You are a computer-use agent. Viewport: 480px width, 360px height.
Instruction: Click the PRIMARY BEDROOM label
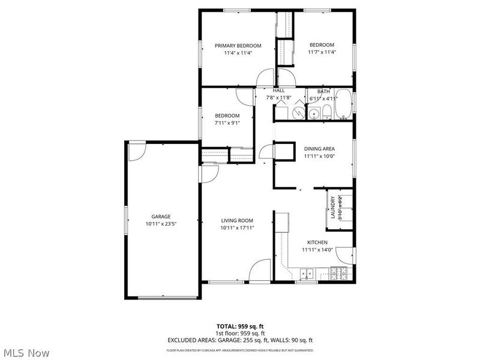(x=238, y=46)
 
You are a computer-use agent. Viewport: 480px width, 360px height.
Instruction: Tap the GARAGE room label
(x=161, y=217)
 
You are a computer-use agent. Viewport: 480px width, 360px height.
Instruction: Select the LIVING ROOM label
(x=238, y=220)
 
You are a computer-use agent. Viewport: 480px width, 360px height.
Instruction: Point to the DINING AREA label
(x=319, y=149)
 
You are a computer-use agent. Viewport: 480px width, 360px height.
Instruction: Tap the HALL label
(x=279, y=91)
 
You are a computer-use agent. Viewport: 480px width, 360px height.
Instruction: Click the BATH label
(x=323, y=92)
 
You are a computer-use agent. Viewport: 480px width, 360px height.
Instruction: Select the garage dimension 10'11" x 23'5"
(x=161, y=224)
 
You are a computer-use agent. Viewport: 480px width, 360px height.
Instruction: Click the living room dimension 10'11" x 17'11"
(x=238, y=227)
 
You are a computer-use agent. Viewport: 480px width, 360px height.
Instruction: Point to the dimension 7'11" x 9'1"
(x=227, y=122)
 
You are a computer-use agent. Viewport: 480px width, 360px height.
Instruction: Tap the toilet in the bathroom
(x=326, y=112)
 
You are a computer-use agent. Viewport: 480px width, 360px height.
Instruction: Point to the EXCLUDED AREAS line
(x=240, y=340)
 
